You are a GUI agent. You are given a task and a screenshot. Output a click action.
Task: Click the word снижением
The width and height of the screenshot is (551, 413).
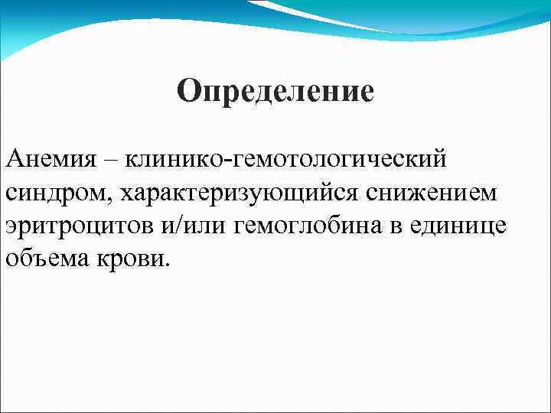tap(432, 194)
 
